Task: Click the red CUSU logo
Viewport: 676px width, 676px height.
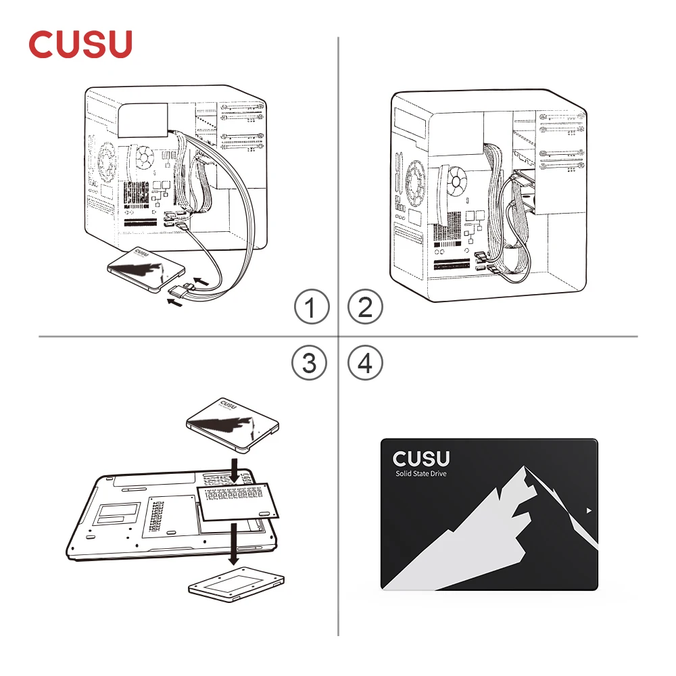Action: click(80, 44)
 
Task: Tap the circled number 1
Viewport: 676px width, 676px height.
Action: click(312, 308)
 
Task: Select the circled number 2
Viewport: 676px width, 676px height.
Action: click(364, 308)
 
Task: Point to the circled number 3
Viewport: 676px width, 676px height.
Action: click(309, 364)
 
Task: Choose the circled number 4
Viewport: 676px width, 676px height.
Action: click(364, 364)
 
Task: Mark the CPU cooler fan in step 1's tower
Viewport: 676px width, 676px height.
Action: click(144, 158)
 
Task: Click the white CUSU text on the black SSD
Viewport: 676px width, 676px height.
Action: click(420, 458)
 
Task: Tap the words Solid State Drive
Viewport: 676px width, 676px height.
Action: click(420, 473)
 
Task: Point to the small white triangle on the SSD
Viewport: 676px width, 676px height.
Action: click(590, 510)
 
